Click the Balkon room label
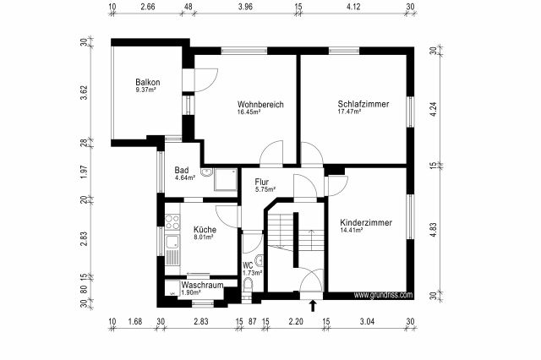[x=148, y=83]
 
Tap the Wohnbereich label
[x=260, y=104]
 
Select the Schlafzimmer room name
[x=363, y=104]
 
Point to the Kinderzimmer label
[x=366, y=223]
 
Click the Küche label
[x=205, y=229]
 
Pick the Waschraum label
[x=202, y=285]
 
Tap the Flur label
[x=262, y=182]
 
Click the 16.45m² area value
[x=249, y=112]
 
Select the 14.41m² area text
[x=352, y=230]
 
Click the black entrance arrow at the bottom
[x=313, y=306]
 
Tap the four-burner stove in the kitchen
[x=172, y=221]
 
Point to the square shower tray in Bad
[x=226, y=179]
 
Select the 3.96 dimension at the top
[x=245, y=7]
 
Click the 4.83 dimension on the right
[x=434, y=230]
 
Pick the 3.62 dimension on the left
[x=84, y=92]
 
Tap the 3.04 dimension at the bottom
[x=367, y=322]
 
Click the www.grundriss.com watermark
[x=383, y=295]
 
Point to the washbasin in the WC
[x=260, y=260]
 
